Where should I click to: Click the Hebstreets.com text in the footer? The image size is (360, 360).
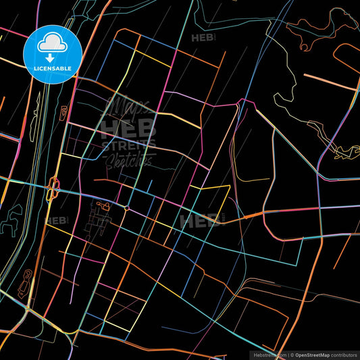point(268,354)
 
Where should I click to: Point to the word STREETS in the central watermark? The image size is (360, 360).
point(128,144)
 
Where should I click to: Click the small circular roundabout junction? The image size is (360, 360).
point(126,207)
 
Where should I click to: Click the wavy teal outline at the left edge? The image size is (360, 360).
point(10,222)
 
